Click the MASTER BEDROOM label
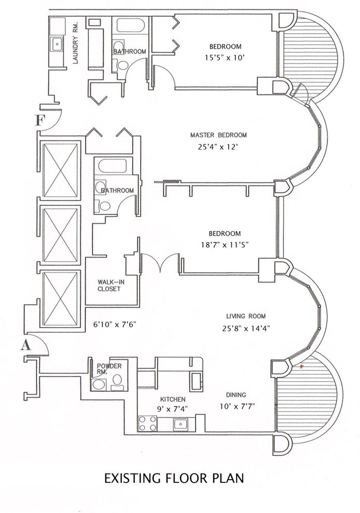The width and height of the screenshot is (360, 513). pyautogui.click(x=218, y=135)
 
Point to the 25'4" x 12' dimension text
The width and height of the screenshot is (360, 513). pyautogui.click(x=218, y=147)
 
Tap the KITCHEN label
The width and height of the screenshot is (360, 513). pyautogui.click(x=173, y=399)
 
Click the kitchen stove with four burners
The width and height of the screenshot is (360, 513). pyautogui.click(x=143, y=423)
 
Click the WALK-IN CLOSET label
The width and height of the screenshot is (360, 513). pyautogui.click(x=109, y=285)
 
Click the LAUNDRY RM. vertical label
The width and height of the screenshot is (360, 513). pyautogui.click(x=75, y=50)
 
